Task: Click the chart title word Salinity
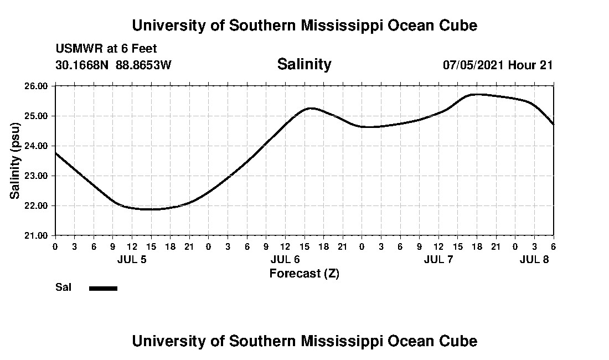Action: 304,64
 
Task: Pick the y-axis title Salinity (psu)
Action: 16,161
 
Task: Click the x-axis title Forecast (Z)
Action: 304,274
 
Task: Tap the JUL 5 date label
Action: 132,260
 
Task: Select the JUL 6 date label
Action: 285,260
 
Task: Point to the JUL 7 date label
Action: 438,260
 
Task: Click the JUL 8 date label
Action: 534,260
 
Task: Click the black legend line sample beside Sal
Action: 103,288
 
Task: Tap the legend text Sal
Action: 62,287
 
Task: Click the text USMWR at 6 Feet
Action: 106,49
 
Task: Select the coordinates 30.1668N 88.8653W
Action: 113,65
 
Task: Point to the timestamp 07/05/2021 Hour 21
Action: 498,65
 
